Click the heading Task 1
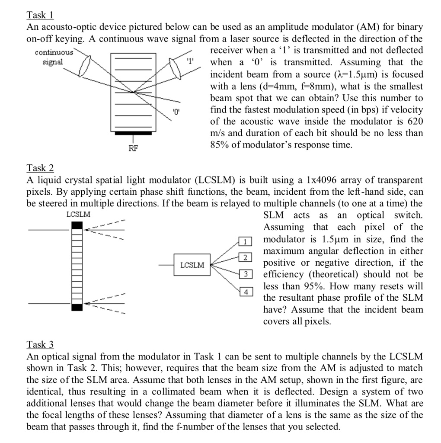(40, 16)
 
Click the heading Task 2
(40, 168)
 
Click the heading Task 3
(40, 345)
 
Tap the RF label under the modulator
(133, 149)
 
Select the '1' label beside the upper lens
(189, 61)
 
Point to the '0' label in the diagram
(176, 112)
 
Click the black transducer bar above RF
(133, 134)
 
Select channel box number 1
(245, 241)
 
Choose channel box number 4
(245, 292)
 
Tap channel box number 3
(245, 274)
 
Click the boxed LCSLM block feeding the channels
(192, 265)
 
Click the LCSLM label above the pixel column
(79, 214)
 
